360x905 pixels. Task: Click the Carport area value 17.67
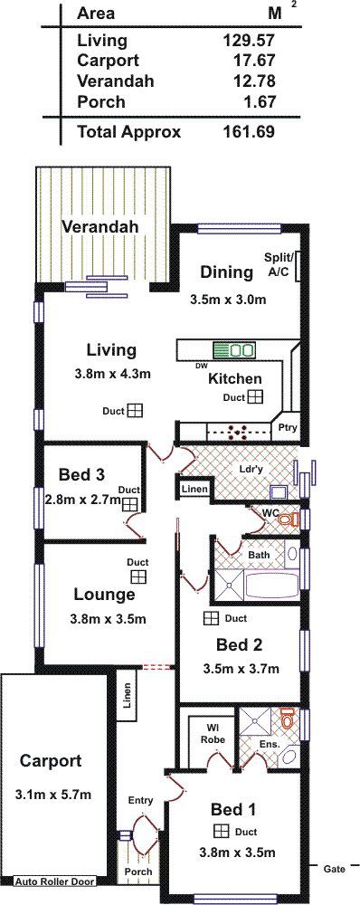[x=249, y=61]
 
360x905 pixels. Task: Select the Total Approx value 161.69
[x=249, y=132]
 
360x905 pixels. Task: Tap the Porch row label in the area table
[x=101, y=102]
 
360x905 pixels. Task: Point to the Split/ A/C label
[x=279, y=263]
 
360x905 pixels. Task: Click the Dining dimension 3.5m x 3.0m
[x=227, y=300]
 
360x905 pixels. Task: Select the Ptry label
[x=286, y=428]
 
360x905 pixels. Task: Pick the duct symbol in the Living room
[x=135, y=410]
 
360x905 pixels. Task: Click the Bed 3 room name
[x=82, y=475]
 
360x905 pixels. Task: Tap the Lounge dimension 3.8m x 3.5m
[x=108, y=619]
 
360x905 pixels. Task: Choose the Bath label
[x=259, y=555]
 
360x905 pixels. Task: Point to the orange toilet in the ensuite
[x=288, y=719]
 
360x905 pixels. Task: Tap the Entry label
[x=141, y=801]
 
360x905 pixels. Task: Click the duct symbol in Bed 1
[x=221, y=831]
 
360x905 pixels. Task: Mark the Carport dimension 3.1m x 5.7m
[x=53, y=795]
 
